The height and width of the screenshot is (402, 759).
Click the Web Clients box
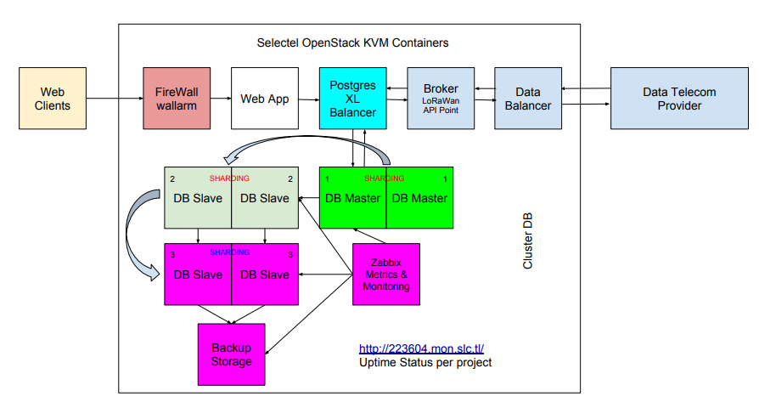coord(53,99)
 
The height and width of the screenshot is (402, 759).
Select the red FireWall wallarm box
coord(176,99)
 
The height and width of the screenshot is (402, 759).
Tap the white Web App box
coord(265,99)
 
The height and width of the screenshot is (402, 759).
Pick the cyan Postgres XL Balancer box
coord(353,99)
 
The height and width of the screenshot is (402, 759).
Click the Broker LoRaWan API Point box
coord(441,99)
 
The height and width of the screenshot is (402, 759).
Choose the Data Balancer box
coord(527,99)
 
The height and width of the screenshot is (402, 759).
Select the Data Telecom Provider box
coord(679,99)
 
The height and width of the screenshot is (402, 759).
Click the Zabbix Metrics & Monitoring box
coord(385,274)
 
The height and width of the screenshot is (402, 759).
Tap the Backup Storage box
coord(231,354)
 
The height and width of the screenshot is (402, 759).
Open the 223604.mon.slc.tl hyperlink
coord(421,348)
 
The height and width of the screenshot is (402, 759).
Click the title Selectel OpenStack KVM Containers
coord(352,42)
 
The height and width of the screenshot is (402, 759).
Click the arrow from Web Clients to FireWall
coord(115,99)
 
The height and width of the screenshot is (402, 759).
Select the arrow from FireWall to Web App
coord(220,99)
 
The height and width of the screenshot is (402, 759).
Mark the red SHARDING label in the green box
coord(385,178)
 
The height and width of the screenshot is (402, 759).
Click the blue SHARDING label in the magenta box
coord(230,252)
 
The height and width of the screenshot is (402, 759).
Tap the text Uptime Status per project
coord(425,363)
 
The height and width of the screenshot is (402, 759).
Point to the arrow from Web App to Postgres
coord(308,99)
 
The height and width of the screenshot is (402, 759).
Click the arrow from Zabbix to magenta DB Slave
coord(326,274)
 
